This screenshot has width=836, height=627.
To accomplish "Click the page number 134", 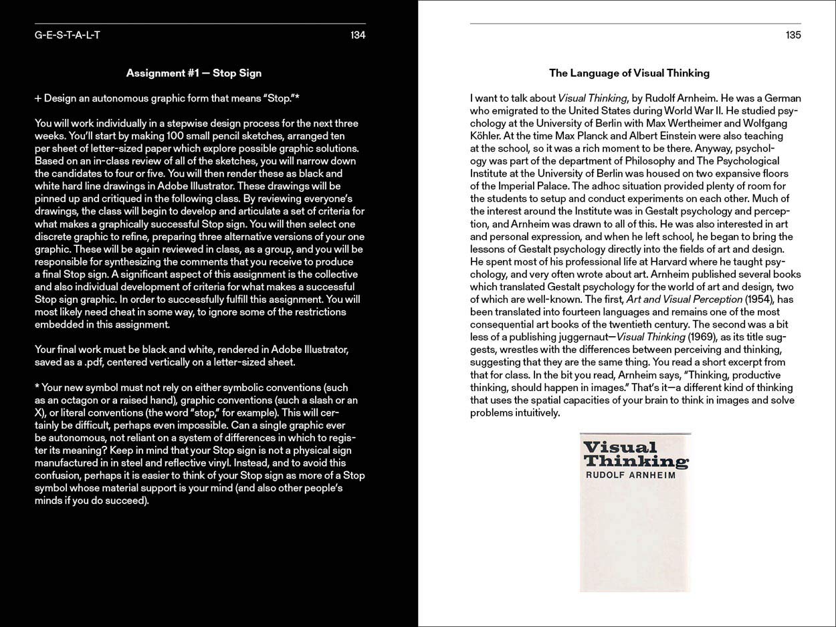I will pyautogui.click(x=357, y=35).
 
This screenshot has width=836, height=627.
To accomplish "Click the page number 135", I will pyautogui.click(x=793, y=35).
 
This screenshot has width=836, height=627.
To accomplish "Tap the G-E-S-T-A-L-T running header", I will pyautogui.click(x=68, y=35).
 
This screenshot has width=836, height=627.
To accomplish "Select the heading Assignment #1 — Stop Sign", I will pyautogui.click(x=194, y=73).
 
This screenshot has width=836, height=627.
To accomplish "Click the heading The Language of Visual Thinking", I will pyautogui.click(x=629, y=73).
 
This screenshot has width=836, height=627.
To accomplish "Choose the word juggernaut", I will pyautogui.click(x=584, y=337).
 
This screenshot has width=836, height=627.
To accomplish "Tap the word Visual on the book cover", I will pyautogui.click(x=611, y=448).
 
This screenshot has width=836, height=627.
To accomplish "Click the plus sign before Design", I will pyautogui.click(x=38, y=98).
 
